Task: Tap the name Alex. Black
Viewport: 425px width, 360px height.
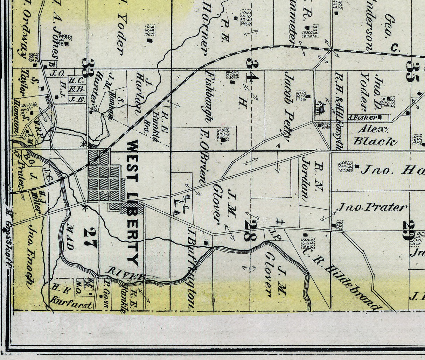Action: [374, 136]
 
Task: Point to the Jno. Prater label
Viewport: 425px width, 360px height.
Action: [372, 207]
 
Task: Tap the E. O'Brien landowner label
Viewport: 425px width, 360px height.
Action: [204, 157]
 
